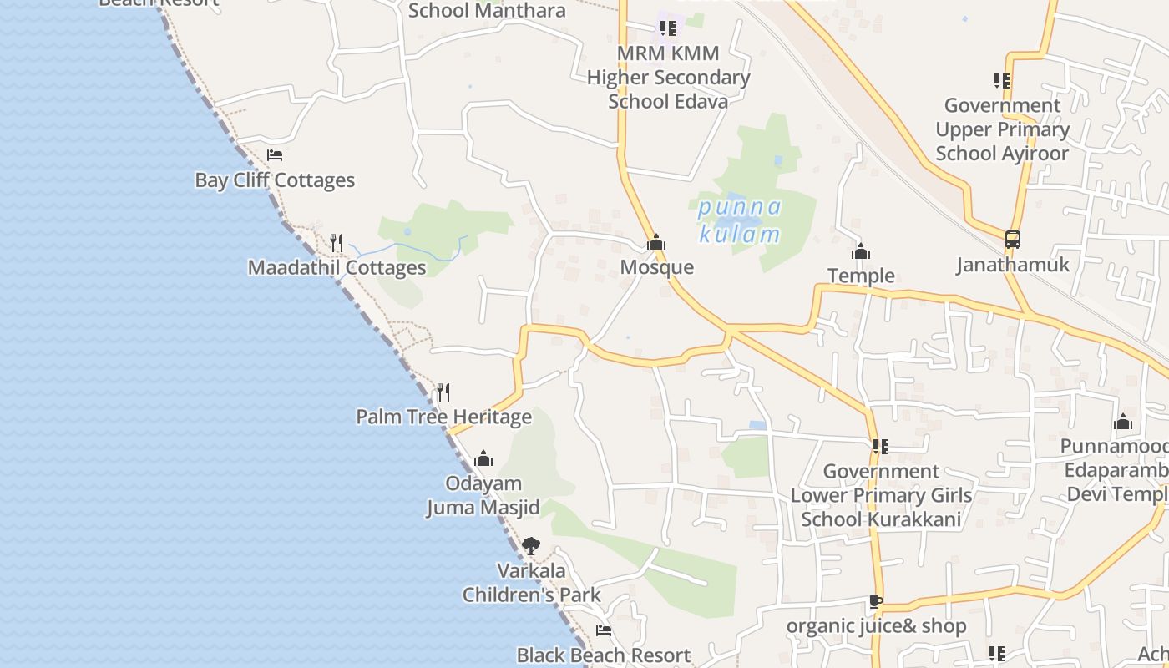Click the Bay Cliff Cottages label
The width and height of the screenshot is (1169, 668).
(274, 180)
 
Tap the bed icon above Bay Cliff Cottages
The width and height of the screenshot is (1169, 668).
(274, 155)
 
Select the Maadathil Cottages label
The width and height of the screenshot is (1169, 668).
(337, 268)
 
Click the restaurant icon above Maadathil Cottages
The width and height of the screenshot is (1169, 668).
(337, 243)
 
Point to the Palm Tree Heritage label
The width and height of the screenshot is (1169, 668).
(443, 417)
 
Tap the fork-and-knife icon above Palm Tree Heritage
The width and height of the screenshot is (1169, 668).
(443, 392)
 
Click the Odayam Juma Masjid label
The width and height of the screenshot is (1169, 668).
(483, 495)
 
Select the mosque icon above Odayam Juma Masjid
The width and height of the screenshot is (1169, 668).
(483, 458)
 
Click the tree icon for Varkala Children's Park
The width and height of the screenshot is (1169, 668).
(530, 546)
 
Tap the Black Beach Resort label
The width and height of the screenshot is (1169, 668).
(603, 655)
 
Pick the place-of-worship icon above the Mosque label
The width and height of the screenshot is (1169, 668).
(656, 242)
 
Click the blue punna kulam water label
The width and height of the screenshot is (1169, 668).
(740, 220)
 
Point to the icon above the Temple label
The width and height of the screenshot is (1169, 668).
(861, 250)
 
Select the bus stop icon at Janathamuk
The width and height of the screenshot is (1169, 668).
(1013, 240)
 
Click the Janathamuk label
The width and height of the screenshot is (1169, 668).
(1013, 265)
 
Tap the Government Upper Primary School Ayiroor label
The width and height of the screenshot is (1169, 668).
(1002, 129)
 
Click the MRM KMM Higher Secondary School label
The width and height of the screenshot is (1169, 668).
(668, 78)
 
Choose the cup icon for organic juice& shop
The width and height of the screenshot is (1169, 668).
(875, 601)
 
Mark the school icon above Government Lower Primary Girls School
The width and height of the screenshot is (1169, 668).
(880, 447)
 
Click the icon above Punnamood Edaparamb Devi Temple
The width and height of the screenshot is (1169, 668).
(1123, 422)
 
